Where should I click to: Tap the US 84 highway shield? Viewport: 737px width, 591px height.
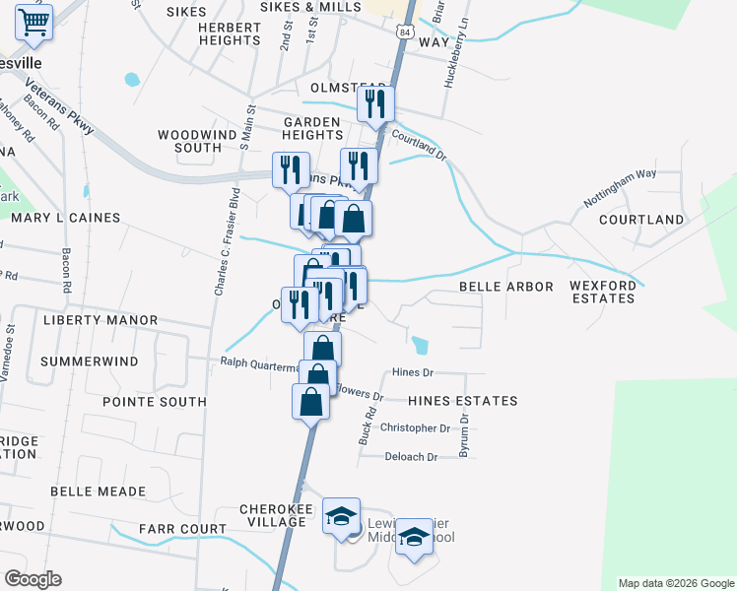coord(405,33)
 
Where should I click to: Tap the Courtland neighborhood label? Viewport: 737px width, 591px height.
coord(641,219)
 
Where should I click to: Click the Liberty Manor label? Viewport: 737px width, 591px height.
coord(100,320)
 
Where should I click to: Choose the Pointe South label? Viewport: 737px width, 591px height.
coord(155,402)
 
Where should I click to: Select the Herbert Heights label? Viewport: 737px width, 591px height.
coord(229,33)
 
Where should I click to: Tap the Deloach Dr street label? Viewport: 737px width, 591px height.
coord(411,457)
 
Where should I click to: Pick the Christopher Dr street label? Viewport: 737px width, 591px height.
coord(415,428)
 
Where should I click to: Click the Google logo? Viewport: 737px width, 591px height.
coord(33,578)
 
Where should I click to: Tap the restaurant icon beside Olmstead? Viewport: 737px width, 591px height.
coord(374,104)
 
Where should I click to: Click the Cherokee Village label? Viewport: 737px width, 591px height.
coord(276,515)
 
